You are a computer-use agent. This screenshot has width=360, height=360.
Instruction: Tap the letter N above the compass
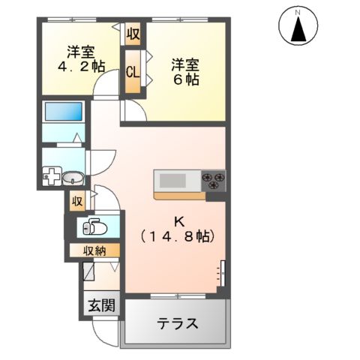(297, 11)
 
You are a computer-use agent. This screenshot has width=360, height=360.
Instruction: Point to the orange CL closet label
(133, 73)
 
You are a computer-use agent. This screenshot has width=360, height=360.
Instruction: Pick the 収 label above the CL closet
(133, 34)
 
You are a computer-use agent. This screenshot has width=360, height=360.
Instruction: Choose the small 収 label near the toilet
(76, 201)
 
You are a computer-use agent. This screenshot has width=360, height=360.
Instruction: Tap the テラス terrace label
(178, 324)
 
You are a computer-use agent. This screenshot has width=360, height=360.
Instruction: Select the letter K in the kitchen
(178, 220)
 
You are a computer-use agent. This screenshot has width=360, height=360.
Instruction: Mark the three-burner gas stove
(213, 181)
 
